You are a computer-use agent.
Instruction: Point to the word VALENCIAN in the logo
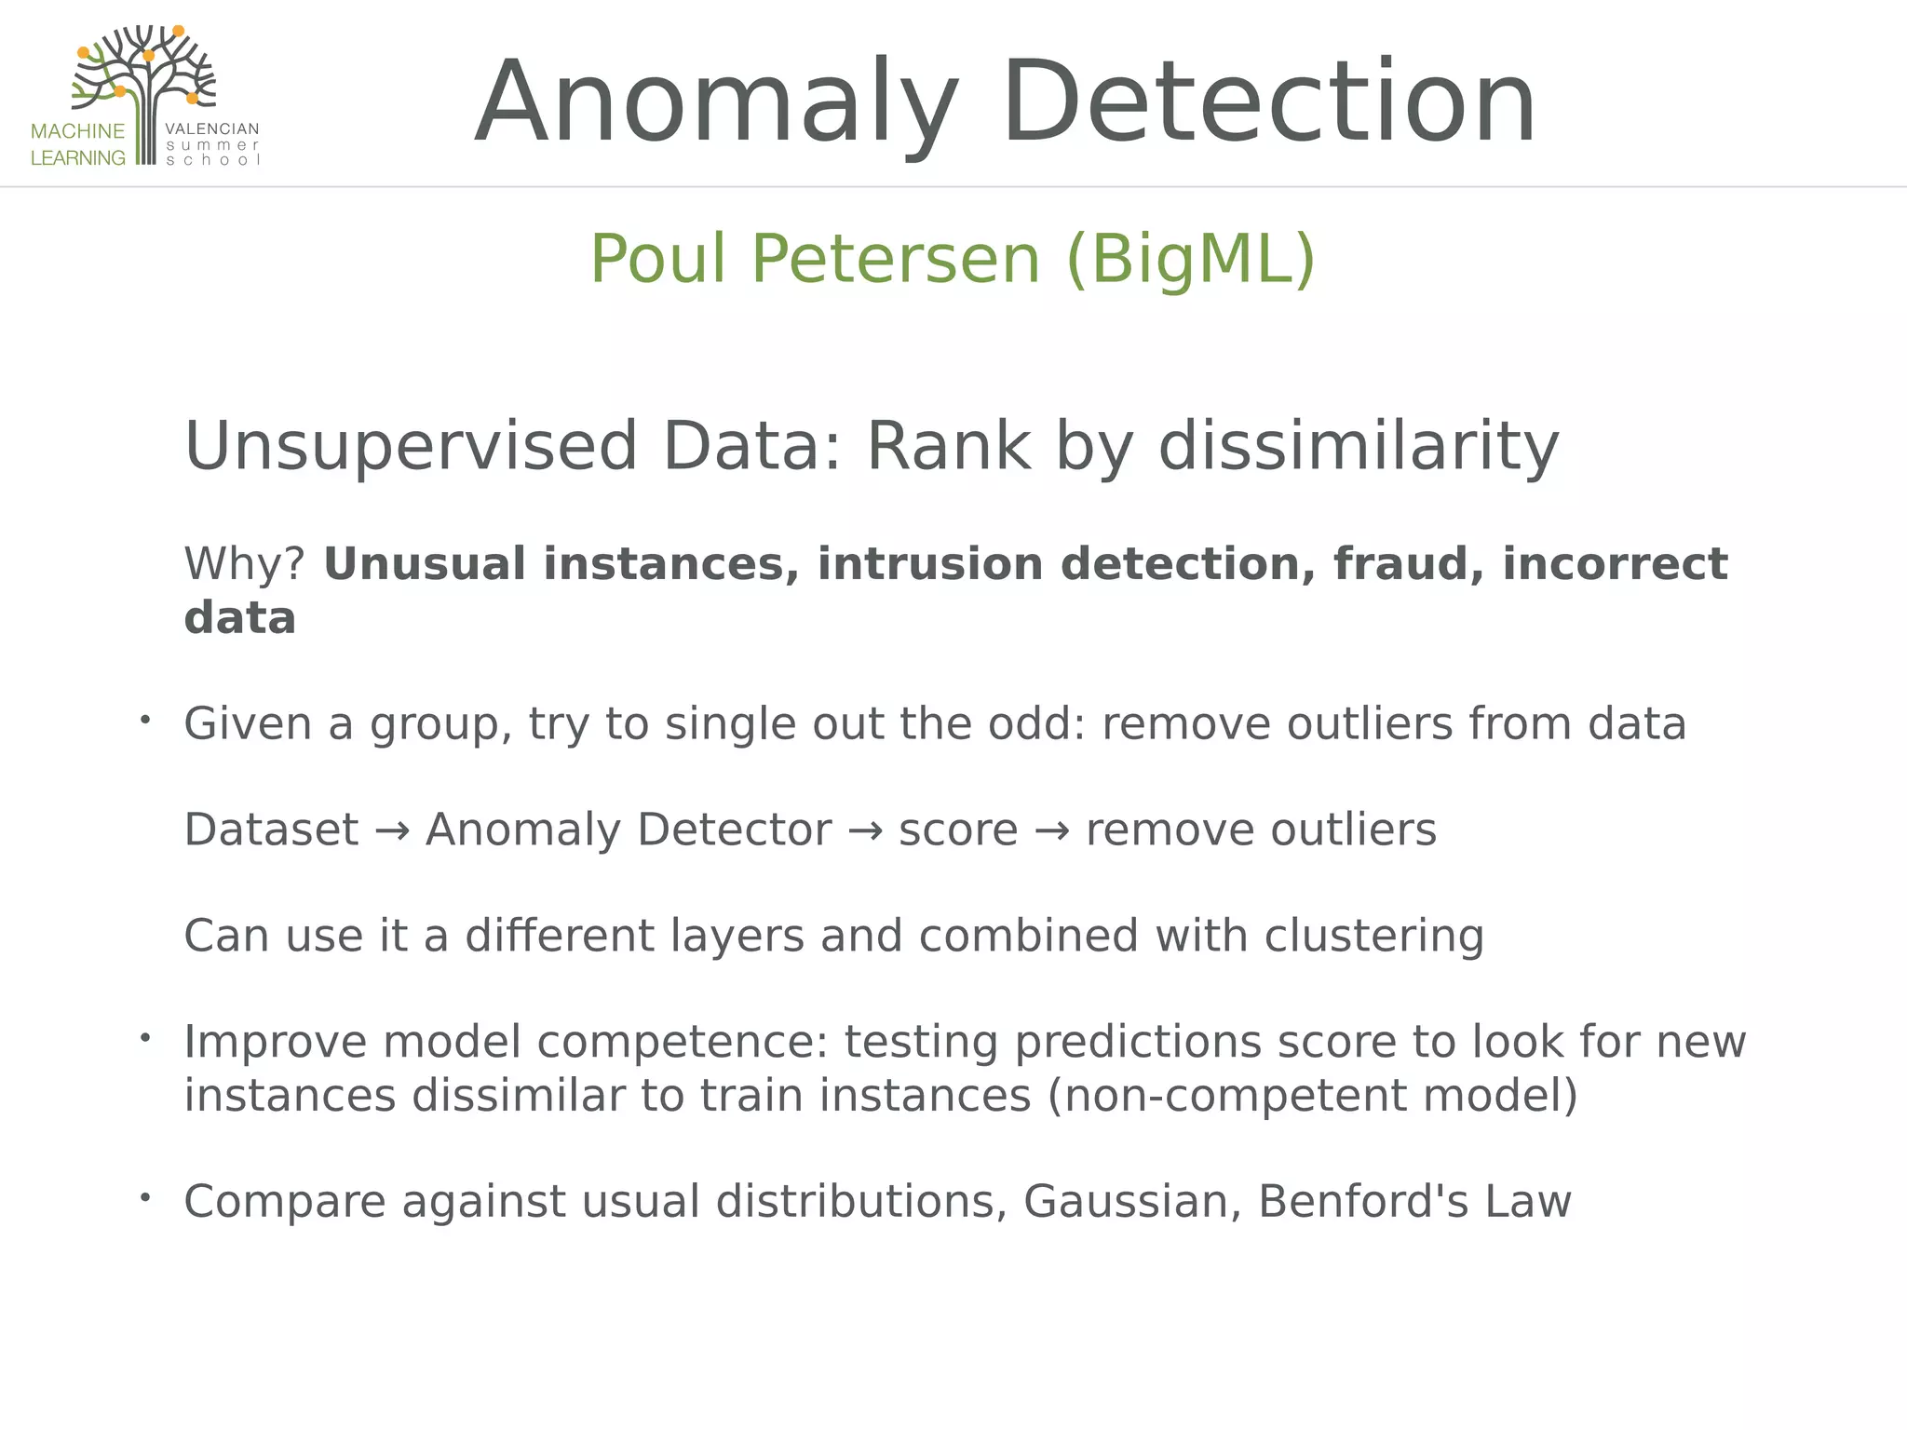(211, 129)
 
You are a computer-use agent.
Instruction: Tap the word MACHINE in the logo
(77, 131)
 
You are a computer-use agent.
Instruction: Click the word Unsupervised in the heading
(411, 447)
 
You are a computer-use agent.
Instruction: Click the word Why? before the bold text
(244, 564)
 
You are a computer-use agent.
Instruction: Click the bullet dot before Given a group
(145, 720)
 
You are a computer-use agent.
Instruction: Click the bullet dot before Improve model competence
(145, 1037)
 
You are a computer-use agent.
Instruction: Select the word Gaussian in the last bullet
(1131, 1202)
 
